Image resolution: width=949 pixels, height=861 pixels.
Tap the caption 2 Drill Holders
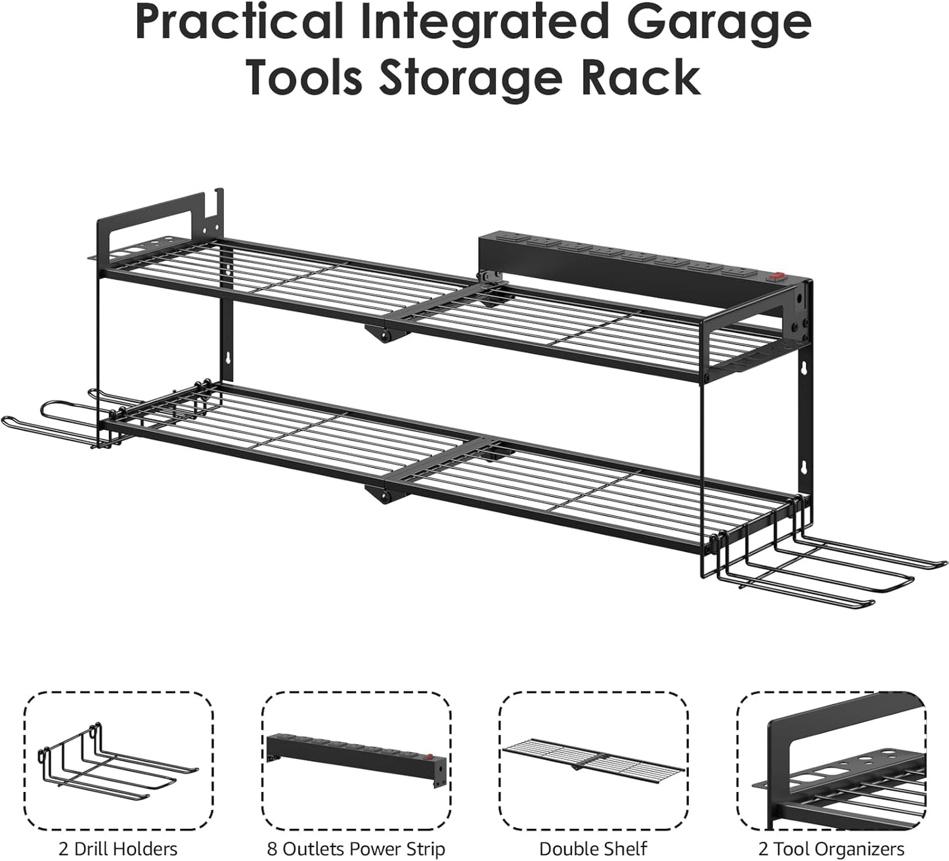(x=118, y=849)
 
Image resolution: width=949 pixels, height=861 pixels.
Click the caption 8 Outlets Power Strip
(x=356, y=849)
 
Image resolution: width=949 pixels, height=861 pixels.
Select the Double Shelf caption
(x=593, y=849)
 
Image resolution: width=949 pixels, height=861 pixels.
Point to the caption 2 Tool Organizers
(x=831, y=849)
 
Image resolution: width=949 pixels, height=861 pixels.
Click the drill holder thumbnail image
(x=118, y=760)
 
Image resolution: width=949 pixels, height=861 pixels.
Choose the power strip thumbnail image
(x=356, y=760)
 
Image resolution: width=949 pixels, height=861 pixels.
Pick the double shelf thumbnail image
(x=593, y=760)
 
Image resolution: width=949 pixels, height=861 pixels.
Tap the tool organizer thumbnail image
(x=831, y=760)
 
